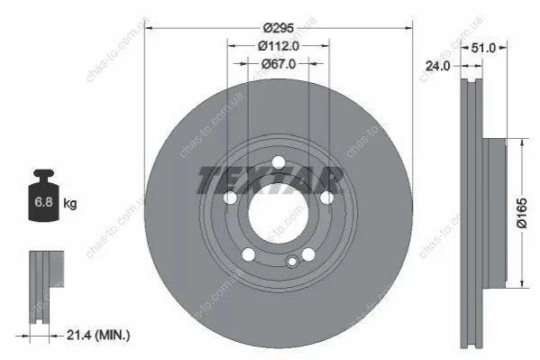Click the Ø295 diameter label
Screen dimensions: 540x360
[x=279, y=28]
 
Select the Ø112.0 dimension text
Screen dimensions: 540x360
[x=279, y=46]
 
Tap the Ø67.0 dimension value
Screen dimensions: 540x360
[x=279, y=64]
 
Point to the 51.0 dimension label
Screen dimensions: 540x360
[x=483, y=48]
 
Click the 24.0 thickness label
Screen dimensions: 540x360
[x=437, y=66]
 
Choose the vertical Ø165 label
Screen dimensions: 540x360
[x=522, y=213]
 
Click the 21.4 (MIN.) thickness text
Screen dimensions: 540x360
[x=98, y=335]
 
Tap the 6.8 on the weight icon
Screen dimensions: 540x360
[x=43, y=202]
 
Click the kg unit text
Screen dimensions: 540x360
[x=70, y=204]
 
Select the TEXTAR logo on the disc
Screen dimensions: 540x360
[x=270, y=180]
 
